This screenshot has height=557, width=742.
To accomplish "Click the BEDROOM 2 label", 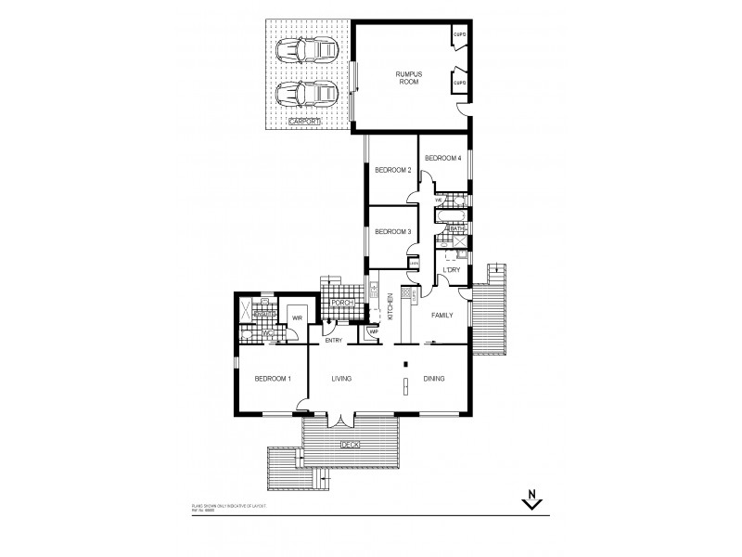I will pyautogui.click(x=392, y=170).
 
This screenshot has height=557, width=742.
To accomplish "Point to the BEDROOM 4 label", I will pyautogui.click(x=442, y=159).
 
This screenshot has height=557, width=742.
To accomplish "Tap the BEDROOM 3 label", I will pyautogui.click(x=392, y=231).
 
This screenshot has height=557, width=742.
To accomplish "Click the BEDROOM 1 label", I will pyautogui.click(x=274, y=379).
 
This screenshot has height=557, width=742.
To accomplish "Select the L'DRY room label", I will pyautogui.click(x=452, y=270).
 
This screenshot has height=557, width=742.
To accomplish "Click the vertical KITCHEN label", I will pyautogui.click(x=390, y=307).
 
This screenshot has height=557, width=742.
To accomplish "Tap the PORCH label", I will pyautogui.click(x=335, y=301).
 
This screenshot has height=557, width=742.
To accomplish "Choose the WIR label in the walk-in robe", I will pyautogui.click(x=298, y=317).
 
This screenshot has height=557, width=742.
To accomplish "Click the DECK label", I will pyautogui.click(x=350, y=444).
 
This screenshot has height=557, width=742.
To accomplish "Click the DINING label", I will pyautogui.click(x=434, y=379).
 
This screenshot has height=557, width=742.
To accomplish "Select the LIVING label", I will pyautogui.click(x=345, y=379).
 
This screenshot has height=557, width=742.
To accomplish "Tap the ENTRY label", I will pyautogui.click(x=334, y=340).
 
